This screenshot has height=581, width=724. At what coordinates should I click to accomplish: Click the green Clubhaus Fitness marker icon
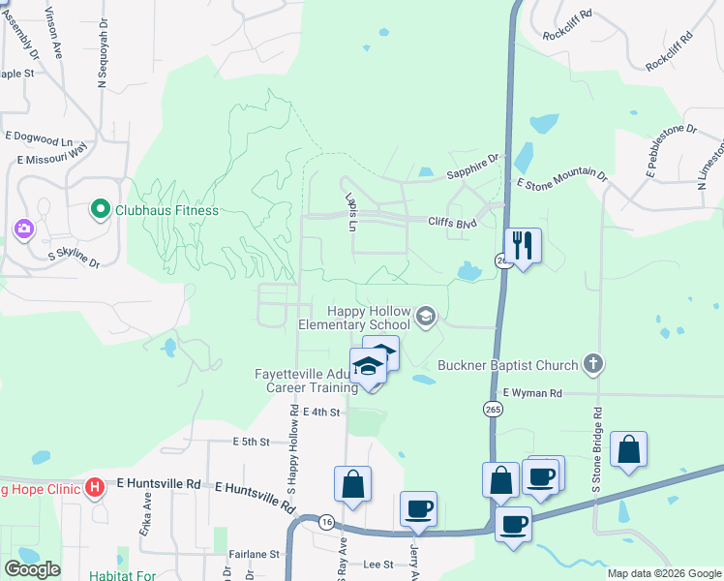pos(99,209)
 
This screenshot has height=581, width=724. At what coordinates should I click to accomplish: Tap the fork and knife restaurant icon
pos(523,246)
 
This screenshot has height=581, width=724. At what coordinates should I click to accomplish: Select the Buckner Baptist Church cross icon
pos(594,365)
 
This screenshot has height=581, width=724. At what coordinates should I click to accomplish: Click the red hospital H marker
pos(95,486)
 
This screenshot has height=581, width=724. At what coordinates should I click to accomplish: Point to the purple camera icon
pos(24,229)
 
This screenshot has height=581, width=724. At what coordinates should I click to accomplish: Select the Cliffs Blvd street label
pos(453,221)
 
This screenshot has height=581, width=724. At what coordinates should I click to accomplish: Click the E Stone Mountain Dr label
pos(561,179)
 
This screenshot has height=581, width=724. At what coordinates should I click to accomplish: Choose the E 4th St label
pos(322,413)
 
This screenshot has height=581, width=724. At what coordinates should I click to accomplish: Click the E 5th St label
pos(250,442)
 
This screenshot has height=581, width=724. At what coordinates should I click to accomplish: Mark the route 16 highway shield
pos(326,521)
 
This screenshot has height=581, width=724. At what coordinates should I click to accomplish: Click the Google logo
pos(32,569)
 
